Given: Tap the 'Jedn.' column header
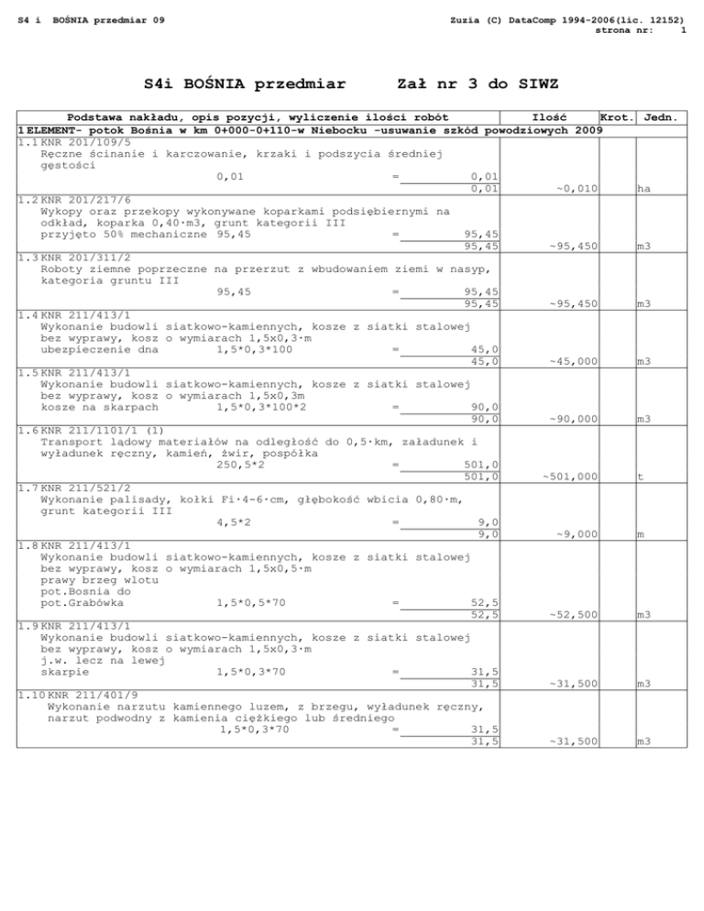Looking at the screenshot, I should point(661,117).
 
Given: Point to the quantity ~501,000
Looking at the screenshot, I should point(570,476).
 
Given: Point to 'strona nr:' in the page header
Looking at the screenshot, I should point(623,29).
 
